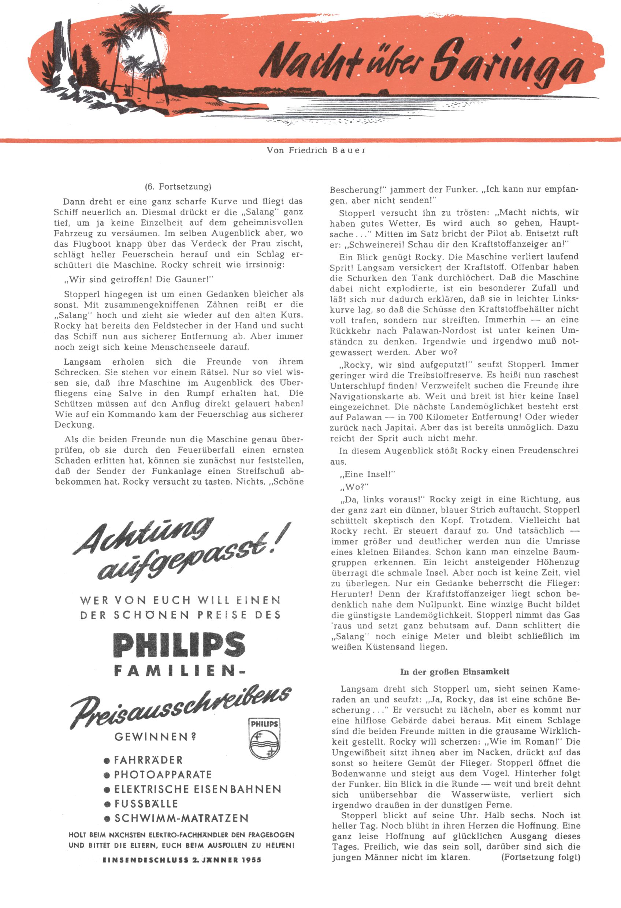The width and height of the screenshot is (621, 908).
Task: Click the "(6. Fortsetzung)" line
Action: [x=178, y=187]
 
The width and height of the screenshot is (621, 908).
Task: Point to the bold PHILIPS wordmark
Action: [x=179, y=645]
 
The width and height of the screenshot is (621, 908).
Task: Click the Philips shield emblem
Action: [x=264, y=738]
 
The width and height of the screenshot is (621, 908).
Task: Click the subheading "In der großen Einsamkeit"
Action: [x=454, y=672]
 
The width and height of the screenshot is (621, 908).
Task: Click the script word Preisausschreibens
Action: [x=180, y=705]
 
